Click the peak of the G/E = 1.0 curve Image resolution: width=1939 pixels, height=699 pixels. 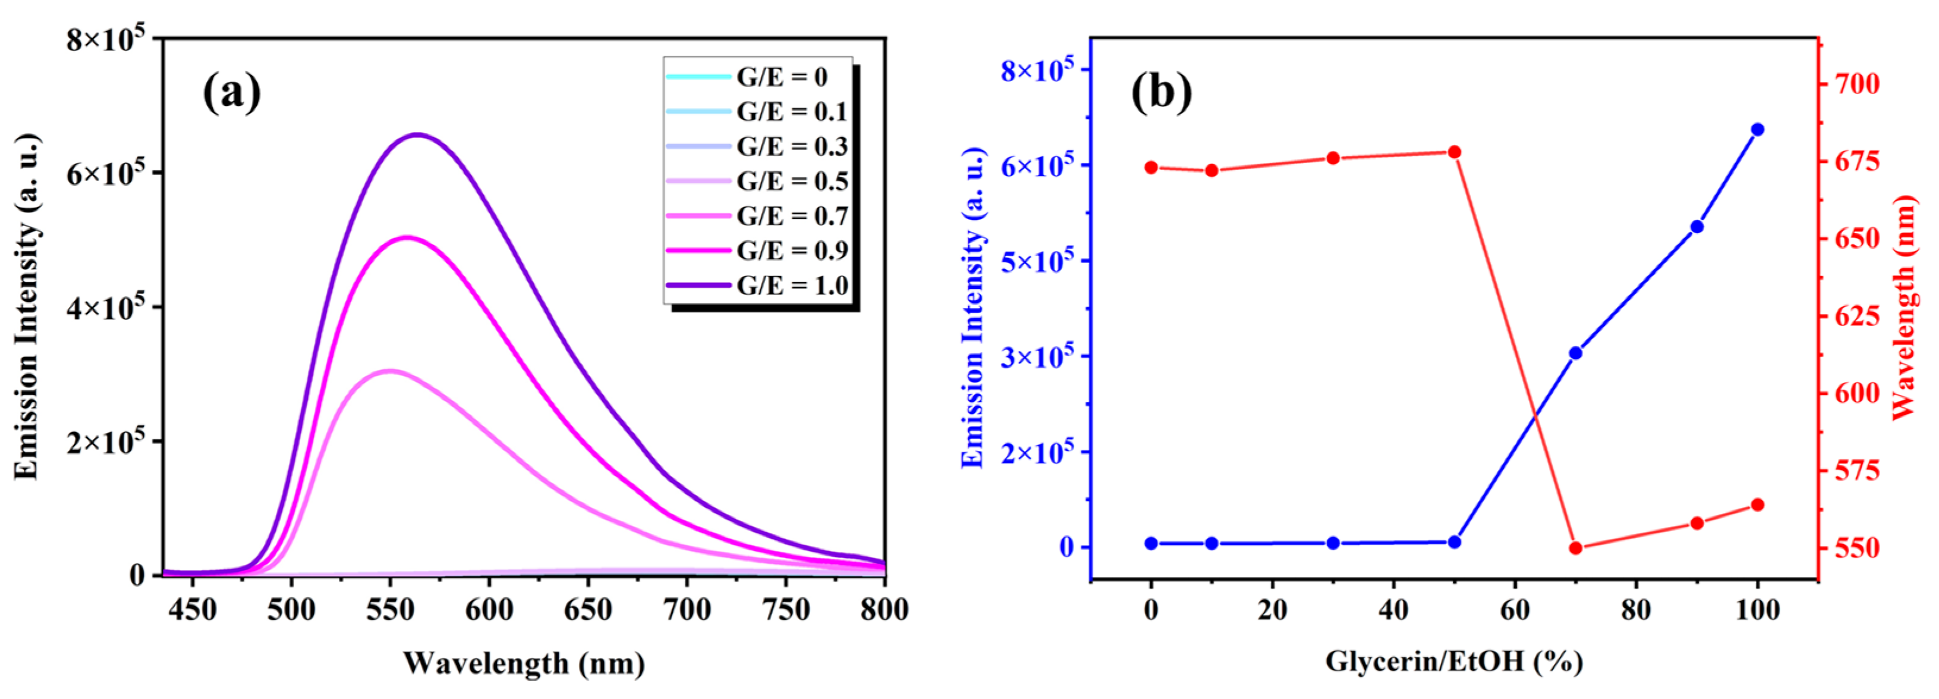pyautogui.click(x=418, y=135)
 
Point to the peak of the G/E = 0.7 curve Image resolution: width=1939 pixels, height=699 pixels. pyautogui.click(x=389, y=370)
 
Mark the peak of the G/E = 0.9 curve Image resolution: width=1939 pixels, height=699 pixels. pyautogui.click(x=407, y=237)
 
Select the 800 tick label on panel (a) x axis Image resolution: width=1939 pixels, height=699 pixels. pyautogui.click(x=884, y=609)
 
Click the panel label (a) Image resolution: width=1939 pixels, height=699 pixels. pyautogui.click(x=232, y=93)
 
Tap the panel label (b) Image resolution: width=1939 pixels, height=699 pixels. pyautogui.click(x=1161, y=93)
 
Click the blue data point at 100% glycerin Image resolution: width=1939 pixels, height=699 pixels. pyautogui.click(x=1758, y=130)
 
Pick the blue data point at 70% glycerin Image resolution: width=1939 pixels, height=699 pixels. pyautogui.click(x=1575, y=353)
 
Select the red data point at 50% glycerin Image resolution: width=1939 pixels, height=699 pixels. pyautogui.click(x=1454, y=152)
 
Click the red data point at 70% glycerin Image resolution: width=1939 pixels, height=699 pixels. pyautogui.click(x=1575, y=548)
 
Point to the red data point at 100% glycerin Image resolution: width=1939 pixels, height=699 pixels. pyautogui.click(x=1758, y=504)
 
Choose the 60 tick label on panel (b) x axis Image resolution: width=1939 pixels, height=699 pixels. pyautogui.click(x=1515, y=609)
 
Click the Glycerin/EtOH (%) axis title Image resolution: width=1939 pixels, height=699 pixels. pyautogui.click(x=1453, y=662)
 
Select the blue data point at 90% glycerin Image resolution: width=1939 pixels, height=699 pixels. pyautogui.click(x=1696, y=227)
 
